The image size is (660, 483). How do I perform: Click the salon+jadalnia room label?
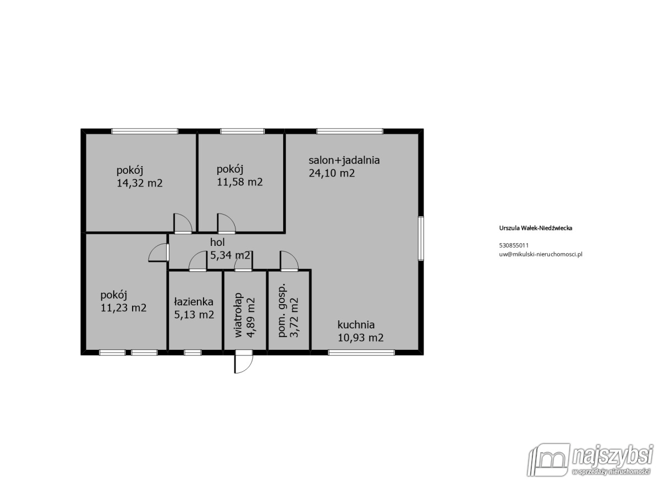[344, 161]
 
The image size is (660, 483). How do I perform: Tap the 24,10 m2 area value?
[332, 173]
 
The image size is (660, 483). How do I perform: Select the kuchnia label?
[356, 325]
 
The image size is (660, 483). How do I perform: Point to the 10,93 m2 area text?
[360, 338]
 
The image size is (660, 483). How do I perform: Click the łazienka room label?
[194, 302]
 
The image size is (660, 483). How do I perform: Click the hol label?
[217, 242]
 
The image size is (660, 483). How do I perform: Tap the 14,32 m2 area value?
[139, 183]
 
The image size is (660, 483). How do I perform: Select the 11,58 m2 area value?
[240, 182]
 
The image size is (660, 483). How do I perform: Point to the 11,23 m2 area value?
[123, 308]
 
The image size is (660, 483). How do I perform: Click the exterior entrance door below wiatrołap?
[244, 362]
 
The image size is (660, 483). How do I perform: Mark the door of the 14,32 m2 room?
[183, 223]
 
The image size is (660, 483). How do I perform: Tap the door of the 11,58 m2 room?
[226, 223]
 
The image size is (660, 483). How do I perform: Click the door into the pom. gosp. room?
[289, 261]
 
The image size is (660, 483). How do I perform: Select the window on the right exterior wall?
[421, 238]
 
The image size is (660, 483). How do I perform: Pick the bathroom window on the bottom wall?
[193, 353]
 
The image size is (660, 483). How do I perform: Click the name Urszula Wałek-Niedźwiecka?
[536, 228]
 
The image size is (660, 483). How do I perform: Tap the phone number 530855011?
[514, 245]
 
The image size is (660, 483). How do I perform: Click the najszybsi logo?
[590, 461]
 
